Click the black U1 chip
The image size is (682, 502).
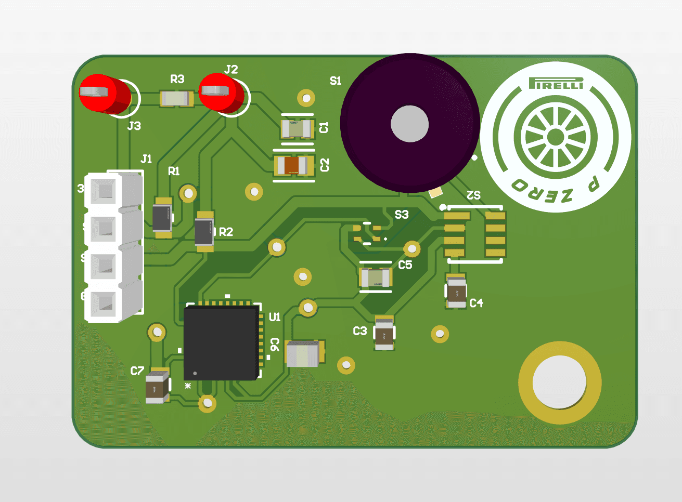222,342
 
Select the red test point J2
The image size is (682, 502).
223,93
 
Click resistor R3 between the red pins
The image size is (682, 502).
177,98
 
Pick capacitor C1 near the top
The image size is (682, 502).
297,127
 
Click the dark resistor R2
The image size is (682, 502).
204,232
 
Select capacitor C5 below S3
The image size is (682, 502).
376,277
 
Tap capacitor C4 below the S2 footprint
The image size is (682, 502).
456,292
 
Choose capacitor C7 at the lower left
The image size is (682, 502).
157,387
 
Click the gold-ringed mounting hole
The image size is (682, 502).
560,382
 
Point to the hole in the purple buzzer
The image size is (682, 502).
409,124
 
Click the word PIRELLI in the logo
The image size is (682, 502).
556,84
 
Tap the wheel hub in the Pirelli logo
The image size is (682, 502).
556,137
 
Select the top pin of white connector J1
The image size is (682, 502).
106,191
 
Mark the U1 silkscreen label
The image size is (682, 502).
275,317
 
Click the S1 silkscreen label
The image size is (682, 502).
336,81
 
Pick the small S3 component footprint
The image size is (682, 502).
367,233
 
